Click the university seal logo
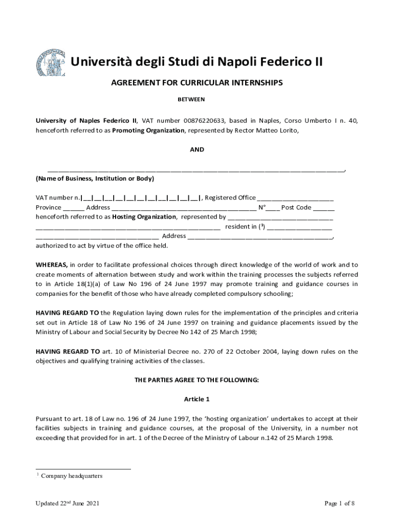coord(50,63)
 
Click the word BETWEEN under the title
coord(191,99)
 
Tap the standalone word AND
coord(197,150)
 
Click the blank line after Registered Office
coord(295,198)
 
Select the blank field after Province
coord(74,207)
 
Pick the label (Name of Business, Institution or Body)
coord(95,179)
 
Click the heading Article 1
coord(197,399)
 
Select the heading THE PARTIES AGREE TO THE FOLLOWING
coord(197,380)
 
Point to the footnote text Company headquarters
coord(72,476)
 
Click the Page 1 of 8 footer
coord(340,504)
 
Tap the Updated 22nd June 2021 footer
coord(67,504)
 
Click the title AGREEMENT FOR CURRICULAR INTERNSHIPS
coord(197,82)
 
